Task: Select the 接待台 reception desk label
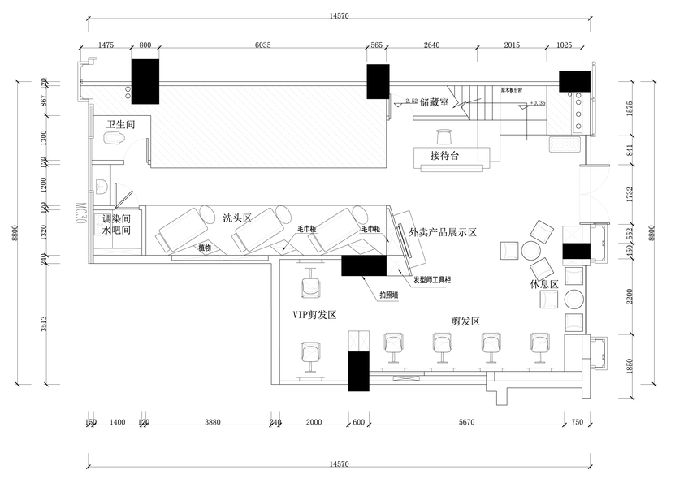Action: (445, 156)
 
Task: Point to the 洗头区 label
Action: (237, 218)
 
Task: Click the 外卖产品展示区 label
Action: (443, 232)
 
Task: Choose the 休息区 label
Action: (544, 284)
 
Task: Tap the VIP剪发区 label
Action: (314, 314)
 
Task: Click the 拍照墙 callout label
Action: (388, 295)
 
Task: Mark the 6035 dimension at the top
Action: (262, 46)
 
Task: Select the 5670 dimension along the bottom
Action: (466, 423)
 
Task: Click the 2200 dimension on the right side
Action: (630, 296)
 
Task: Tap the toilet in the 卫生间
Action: (115, 140)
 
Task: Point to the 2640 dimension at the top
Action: (431, 46)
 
